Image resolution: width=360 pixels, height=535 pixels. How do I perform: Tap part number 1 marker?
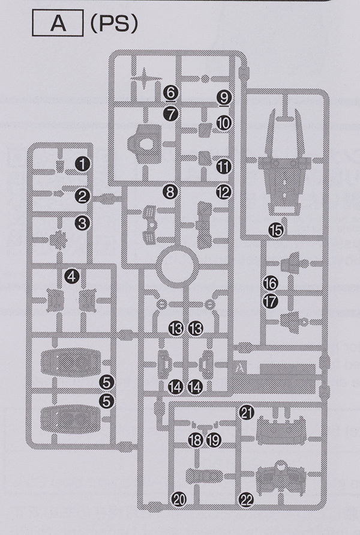coord(83,163)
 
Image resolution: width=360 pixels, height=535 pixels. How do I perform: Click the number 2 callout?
coord(83,195)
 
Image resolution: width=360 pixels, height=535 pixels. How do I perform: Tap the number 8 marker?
coord(170,192)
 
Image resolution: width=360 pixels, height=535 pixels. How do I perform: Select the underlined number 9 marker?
coord(223,96)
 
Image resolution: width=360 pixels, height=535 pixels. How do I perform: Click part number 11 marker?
coord(223,165)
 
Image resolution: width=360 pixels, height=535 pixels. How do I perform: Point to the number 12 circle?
coord(223,192)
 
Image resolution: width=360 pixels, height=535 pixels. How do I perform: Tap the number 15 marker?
coord(275,229)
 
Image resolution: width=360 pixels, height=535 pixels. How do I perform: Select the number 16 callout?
coord(270,282)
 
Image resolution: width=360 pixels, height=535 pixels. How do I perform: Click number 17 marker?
coord(270,301)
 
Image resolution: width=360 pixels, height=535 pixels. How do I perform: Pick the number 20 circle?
coord(179,498)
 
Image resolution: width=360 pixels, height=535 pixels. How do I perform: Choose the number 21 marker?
coord(246,411)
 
